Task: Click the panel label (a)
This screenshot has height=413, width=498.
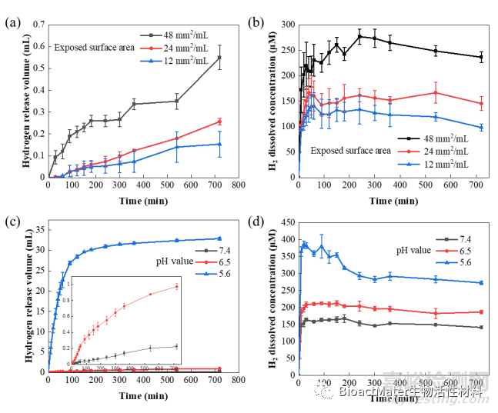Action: [x=12, y=22]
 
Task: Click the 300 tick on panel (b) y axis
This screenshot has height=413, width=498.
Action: [x=288, y=25]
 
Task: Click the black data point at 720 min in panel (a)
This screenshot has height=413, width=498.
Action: [x=219, y=58]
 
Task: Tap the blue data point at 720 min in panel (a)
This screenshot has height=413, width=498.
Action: [x=219, y=144]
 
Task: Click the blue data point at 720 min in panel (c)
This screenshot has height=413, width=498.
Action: [x=219, y=238]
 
